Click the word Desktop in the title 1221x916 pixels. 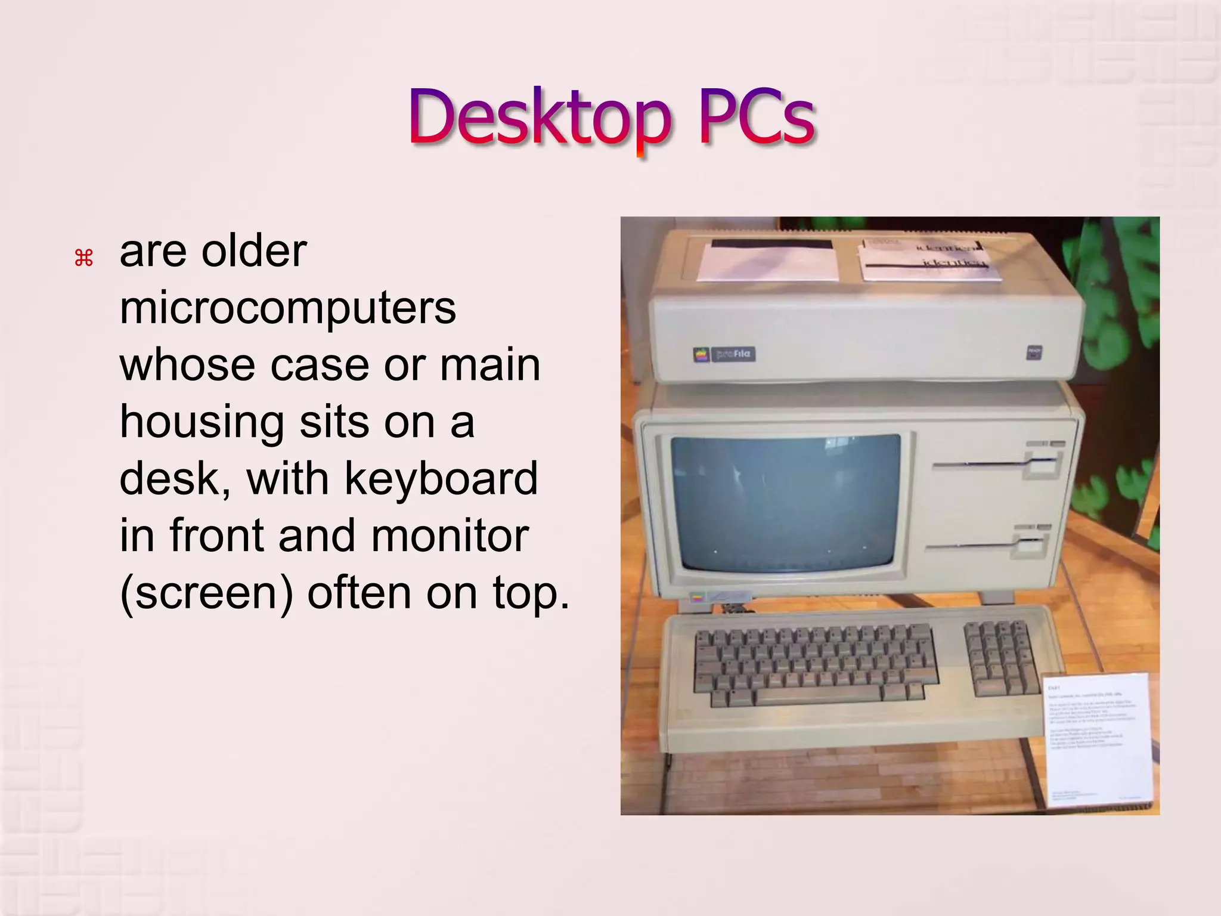coord(540,117)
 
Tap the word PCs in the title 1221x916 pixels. coord(756,117)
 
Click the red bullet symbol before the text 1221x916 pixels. coord(83,258)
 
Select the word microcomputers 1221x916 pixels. coord(288,308)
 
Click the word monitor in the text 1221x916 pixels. coord(450,536)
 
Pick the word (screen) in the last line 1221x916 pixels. coord(206,593)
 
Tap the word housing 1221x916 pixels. coord(202,422)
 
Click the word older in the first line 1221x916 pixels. coord(254,251)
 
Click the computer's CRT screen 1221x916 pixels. coord(786,503)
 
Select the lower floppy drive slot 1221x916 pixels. coord(972,545)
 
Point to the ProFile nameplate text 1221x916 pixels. coord(733,354)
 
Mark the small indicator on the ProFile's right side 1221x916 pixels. coord(1033,352)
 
